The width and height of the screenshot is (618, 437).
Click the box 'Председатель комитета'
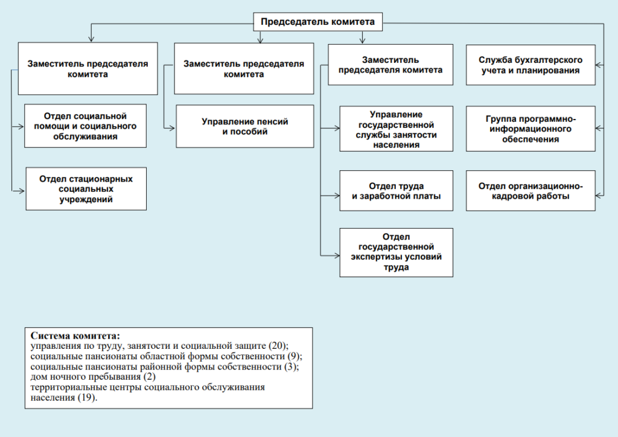click(x=317, y=22)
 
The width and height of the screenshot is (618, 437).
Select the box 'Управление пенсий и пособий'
click(x=244, y=126)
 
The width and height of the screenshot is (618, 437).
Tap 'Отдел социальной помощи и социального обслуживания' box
click(x=85, y=126)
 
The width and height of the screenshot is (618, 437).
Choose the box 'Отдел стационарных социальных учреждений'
click(x=86, y=189)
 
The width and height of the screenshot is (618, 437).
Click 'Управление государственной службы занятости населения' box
click(x=396, y=129)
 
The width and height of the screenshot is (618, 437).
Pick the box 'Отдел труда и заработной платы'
click(x=396, y=191)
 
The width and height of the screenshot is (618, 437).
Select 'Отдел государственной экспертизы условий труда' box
click(x=396, y=252)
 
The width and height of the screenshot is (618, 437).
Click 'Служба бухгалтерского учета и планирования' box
click(x=530, y=65)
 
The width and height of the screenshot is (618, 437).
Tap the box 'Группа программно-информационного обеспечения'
click(x=530, y=129)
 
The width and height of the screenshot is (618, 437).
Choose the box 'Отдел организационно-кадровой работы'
click(x=530, y=191)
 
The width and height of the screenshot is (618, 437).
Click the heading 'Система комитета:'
click(x=75, y=336)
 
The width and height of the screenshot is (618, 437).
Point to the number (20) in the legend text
click(x=278, y=346)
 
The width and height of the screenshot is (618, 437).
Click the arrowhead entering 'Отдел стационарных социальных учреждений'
click(x=22, y=191)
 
